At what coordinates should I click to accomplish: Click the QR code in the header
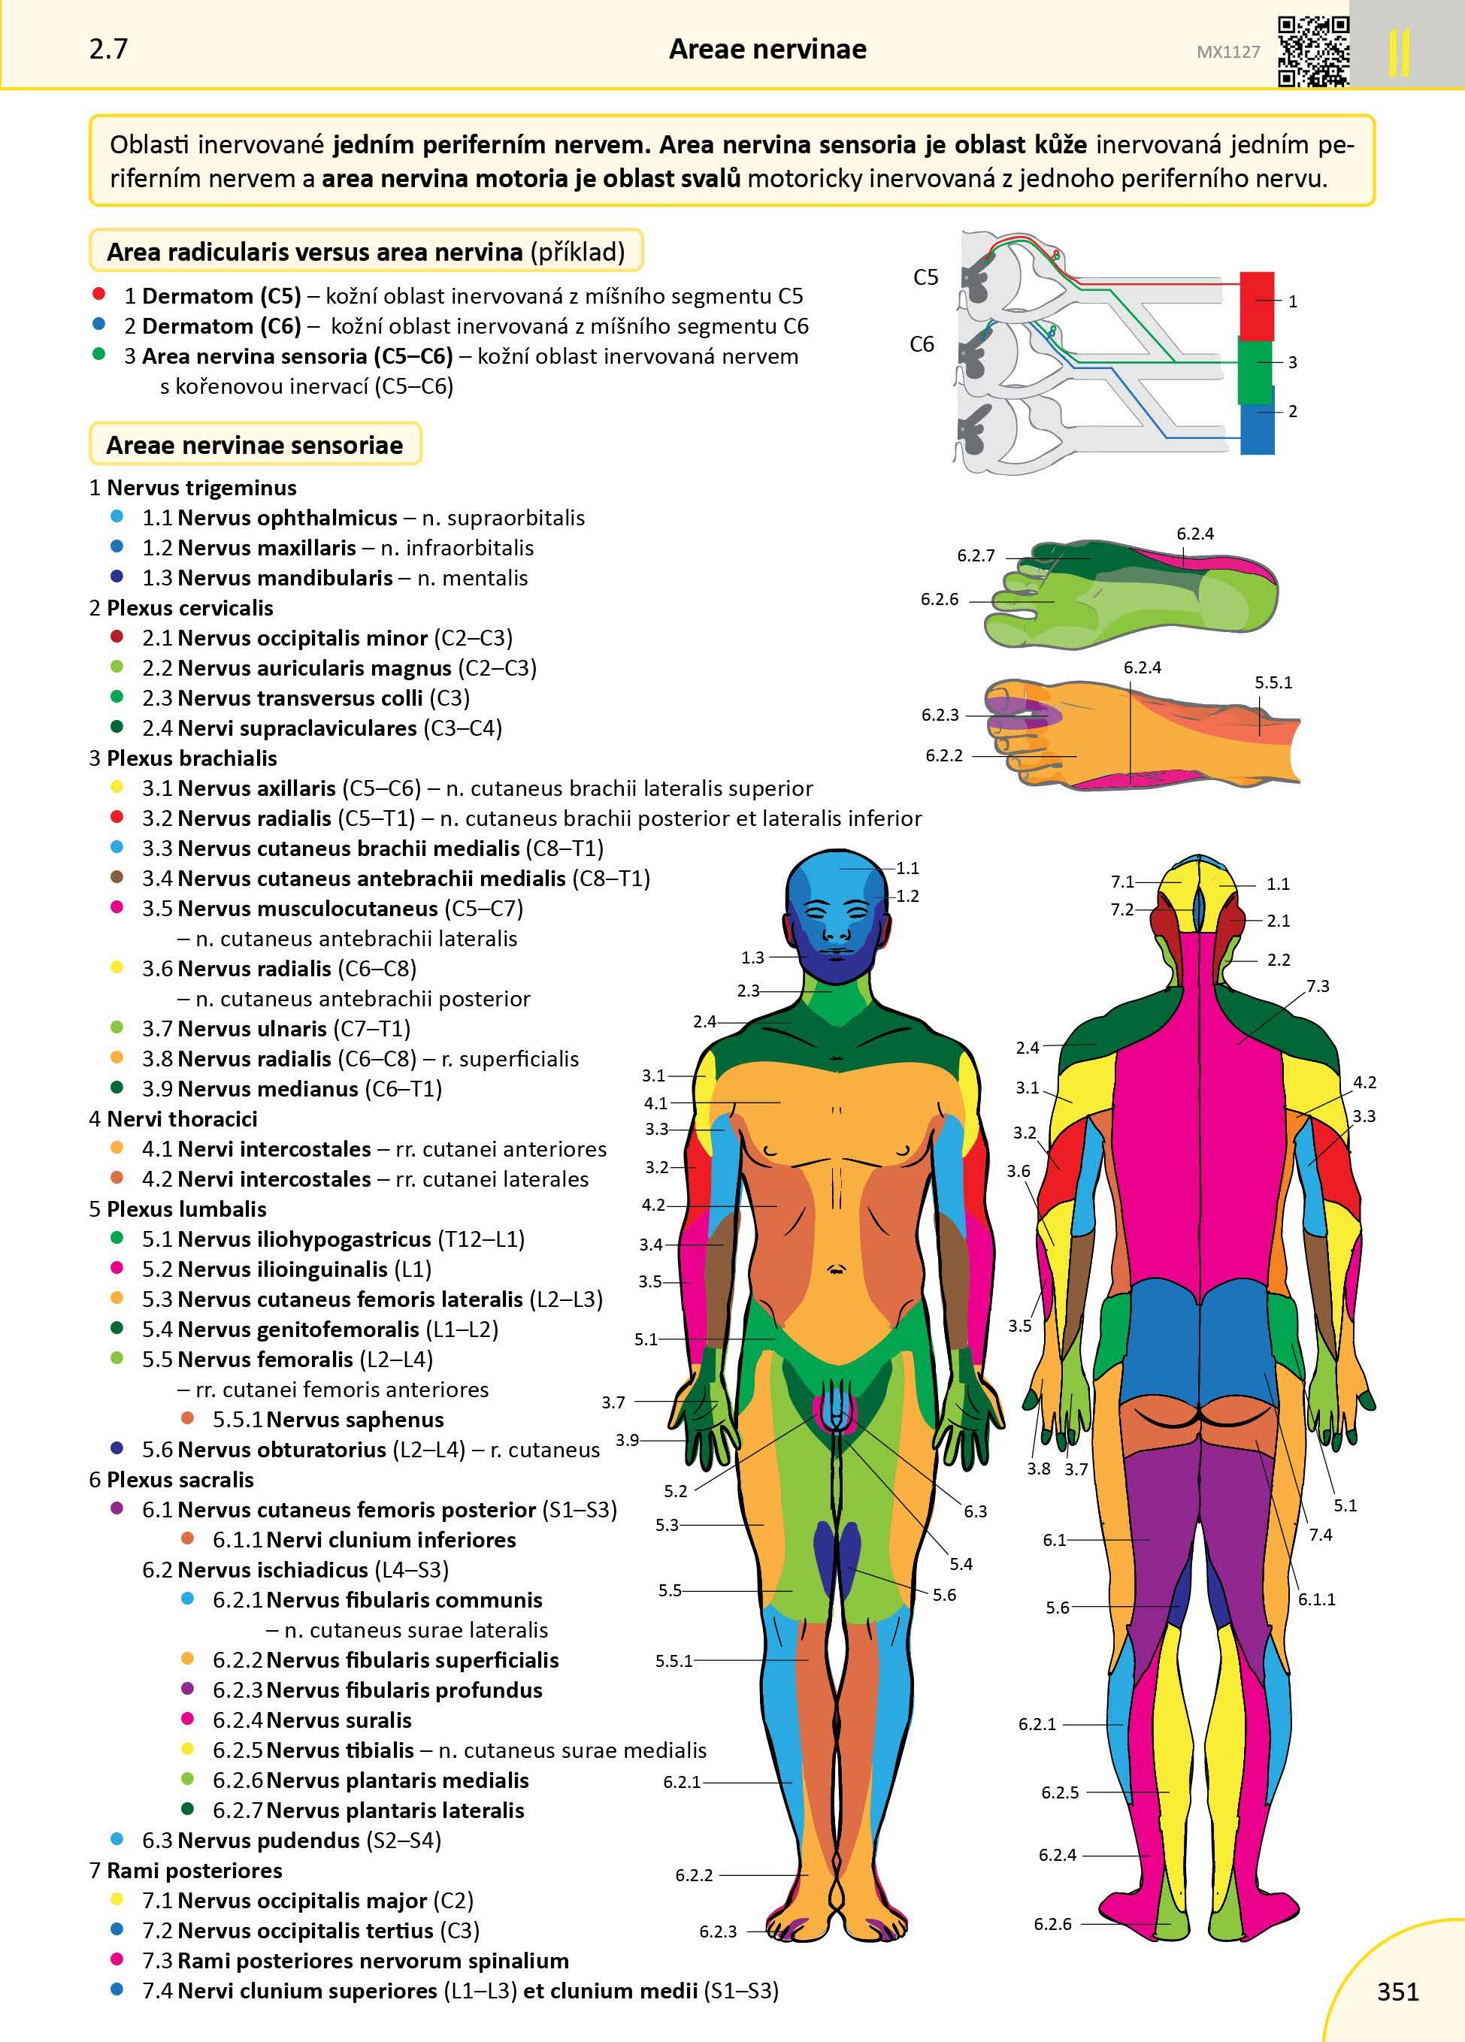[1314, 51]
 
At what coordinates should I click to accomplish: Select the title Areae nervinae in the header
[767, 49]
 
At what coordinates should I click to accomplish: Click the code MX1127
[1228, 52]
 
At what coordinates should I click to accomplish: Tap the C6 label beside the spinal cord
[922, 344]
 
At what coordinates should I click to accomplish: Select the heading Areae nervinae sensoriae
[255, 445]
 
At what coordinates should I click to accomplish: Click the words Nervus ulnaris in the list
[251, 1028]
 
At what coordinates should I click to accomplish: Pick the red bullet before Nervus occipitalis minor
[117, 637]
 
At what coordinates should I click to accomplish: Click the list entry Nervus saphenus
[355, 1419]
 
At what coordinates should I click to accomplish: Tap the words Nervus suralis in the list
[338, 1720]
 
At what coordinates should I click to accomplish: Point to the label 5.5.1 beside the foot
[1273, 682]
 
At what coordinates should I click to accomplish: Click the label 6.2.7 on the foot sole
[976, 555]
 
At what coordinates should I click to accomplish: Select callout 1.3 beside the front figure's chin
[752, 957]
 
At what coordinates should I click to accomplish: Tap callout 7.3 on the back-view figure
[1318, 986]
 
